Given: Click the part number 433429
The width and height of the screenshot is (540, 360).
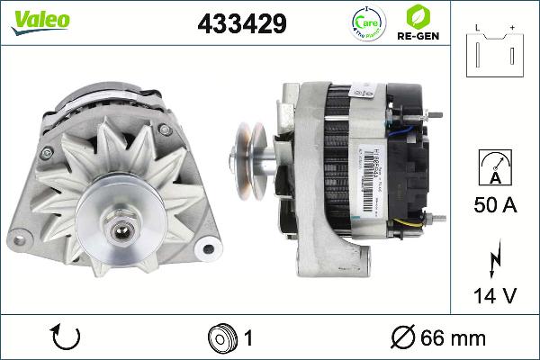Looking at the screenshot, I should (x=242, y=24).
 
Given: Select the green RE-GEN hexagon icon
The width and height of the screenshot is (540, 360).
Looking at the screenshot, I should (x=417, y=16).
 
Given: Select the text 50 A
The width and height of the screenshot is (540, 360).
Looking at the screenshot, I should (x=495, y=206).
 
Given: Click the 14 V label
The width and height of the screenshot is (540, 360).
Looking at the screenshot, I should (x=495, y=296).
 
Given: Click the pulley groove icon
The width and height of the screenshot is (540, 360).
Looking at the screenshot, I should (x=221, y=338).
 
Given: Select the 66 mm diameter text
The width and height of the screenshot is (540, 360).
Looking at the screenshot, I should (x=454, y=338).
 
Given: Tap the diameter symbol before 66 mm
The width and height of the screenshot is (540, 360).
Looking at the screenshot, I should (x=404, y=338).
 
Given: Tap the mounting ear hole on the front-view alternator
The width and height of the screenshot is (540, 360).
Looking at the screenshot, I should (x=209, y=247).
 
